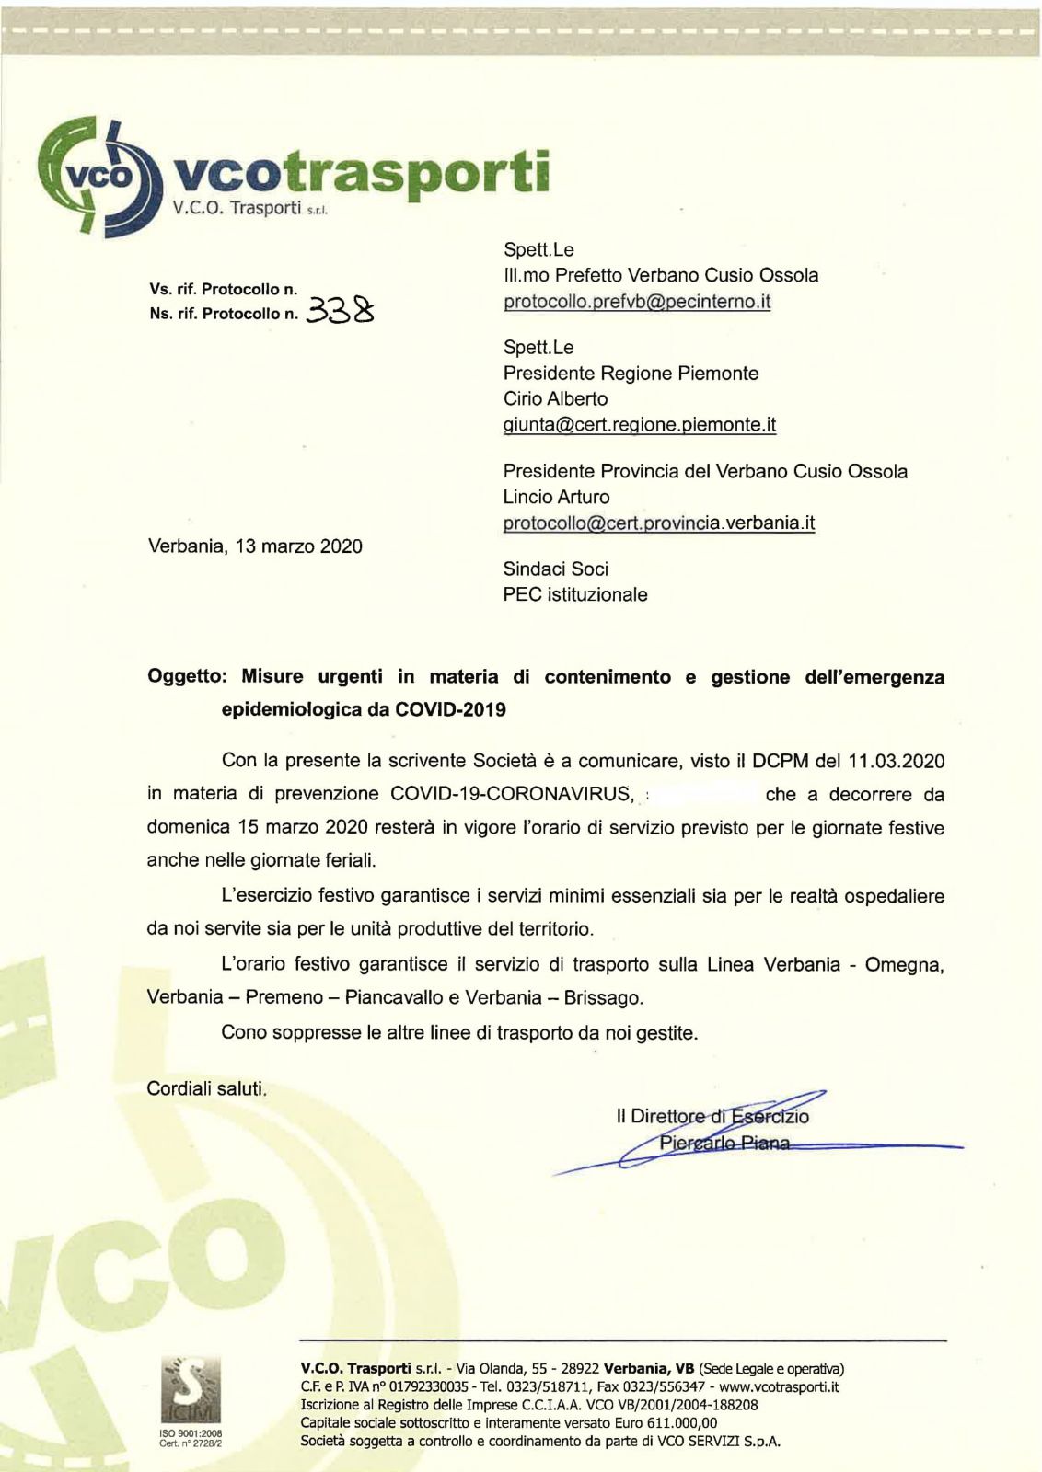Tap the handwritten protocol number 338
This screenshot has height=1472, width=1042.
342,312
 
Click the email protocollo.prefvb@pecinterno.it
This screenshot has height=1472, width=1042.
637,302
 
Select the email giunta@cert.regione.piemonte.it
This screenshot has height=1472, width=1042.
640,425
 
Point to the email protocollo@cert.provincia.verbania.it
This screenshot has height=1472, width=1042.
659,523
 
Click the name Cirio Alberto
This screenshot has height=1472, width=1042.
555,399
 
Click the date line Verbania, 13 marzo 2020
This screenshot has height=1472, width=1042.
255,546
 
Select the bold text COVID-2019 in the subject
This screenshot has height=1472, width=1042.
450,710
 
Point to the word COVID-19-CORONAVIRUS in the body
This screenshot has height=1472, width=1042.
513,794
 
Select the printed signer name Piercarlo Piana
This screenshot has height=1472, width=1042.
724,1144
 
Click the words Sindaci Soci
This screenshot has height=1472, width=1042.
555,569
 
